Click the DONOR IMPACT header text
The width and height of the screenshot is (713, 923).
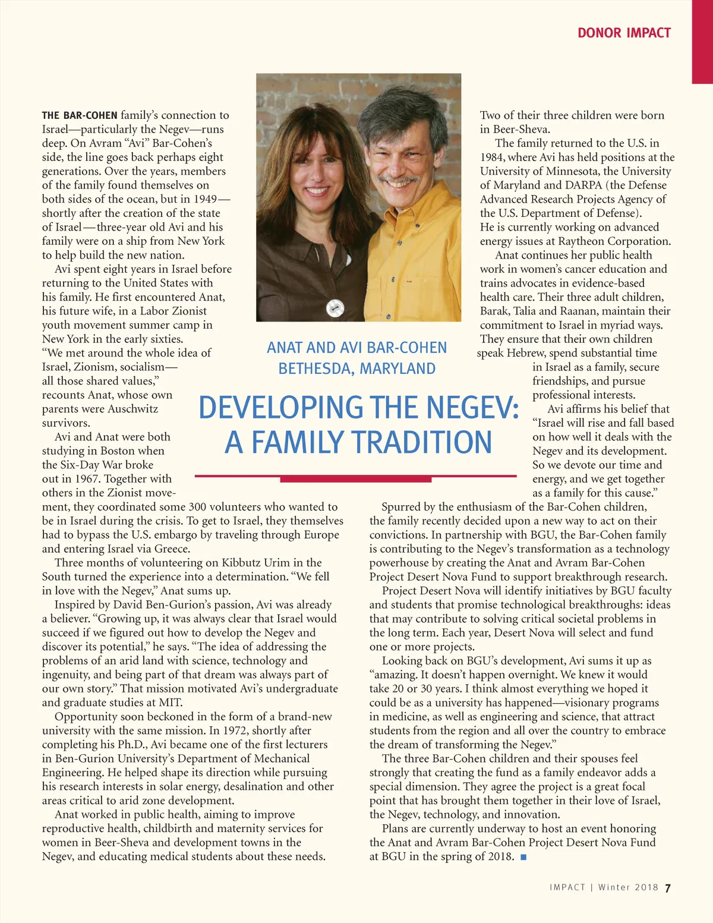624,33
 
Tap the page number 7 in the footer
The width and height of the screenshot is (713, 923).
668,888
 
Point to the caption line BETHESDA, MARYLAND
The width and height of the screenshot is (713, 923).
356,368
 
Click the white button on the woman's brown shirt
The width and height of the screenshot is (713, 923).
336,308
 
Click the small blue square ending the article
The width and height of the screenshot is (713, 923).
523,856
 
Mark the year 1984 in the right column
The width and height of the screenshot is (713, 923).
494,157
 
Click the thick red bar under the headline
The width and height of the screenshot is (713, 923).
356,478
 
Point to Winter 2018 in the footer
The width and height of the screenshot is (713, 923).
628,887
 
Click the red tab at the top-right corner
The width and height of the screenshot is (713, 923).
702,42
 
